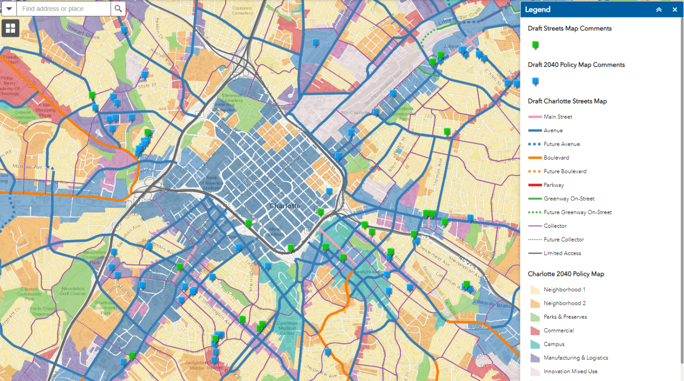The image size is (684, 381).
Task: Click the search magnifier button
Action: pos(118,9)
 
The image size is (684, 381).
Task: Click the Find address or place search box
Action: pos(63,9)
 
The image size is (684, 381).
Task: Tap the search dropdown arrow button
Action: pos(9,9)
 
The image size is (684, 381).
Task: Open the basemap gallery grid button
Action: pos(11,28)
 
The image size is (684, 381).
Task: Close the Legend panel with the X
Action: pos(675,9)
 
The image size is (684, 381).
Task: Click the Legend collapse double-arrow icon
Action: pos(659,9)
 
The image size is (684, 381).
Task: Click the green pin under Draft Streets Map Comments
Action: pos(535,45)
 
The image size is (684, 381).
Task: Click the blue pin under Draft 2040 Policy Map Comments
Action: pos(535,81)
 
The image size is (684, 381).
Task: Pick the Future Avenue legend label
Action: pos(562,144)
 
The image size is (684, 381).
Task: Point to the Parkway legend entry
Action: pos(554,185)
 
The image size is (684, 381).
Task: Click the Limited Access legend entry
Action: pos(562,253)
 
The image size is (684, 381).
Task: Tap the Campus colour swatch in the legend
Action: pos(535,344)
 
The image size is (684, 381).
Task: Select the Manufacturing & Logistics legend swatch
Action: pos(535,358)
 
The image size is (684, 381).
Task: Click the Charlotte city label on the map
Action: pos(285,206)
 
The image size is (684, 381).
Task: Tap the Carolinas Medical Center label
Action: pos(287,328)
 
